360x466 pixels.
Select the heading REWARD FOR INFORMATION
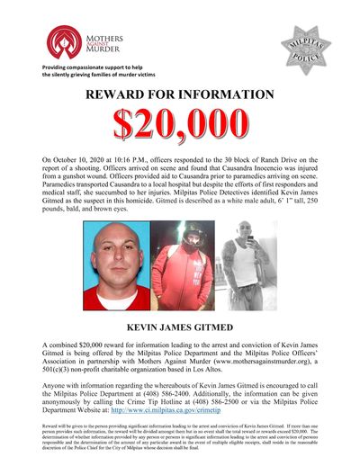click(179, 96)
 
